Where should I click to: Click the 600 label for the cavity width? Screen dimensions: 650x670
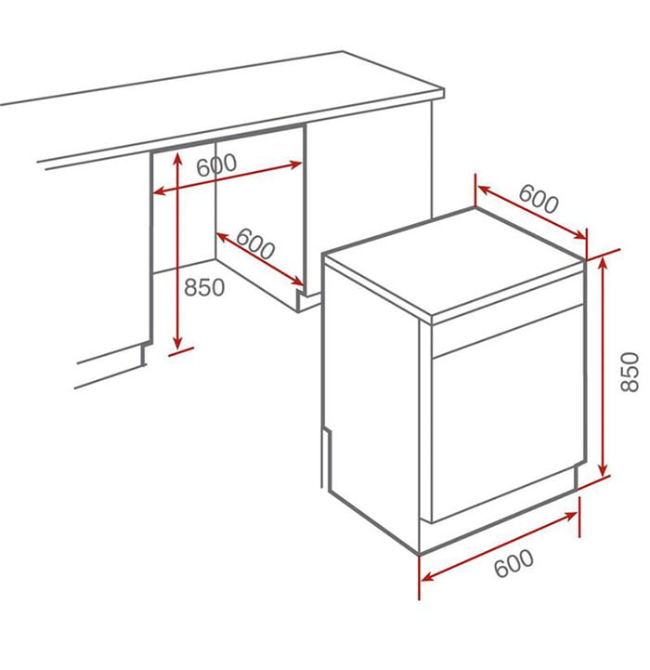[x=216, y=164]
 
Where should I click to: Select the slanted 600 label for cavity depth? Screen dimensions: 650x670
[x=255, y=243]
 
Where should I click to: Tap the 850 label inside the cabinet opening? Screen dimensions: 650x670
[x=204, y=287]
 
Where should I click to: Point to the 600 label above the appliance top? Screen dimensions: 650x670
[x=539, y=199]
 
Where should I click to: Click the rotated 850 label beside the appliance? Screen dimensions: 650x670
[x=630, y=372]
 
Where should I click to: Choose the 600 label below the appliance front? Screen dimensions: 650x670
[x=513, y=563]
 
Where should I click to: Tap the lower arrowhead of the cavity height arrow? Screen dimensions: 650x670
[x=177, y=342]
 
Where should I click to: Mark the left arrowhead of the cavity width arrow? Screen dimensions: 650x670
[x=159, y=191]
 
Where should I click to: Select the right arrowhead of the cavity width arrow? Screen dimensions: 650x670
[x=296, y=164]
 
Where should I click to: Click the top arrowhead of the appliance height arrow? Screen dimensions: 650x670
[x=603, y=262]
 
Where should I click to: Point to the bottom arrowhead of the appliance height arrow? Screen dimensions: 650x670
[x=603, y=470]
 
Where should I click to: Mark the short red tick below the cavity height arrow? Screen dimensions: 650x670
[x=181, y=351]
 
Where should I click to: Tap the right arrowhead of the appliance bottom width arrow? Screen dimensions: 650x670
[x=570, y=516]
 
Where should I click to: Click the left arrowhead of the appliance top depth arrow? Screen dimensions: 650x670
[x=483, y=190]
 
